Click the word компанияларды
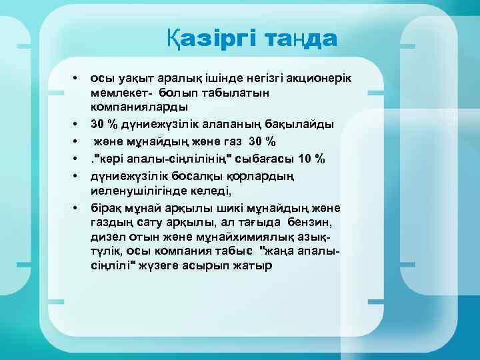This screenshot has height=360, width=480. coord(139,107)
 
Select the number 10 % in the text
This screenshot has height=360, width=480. coord(311,159)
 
